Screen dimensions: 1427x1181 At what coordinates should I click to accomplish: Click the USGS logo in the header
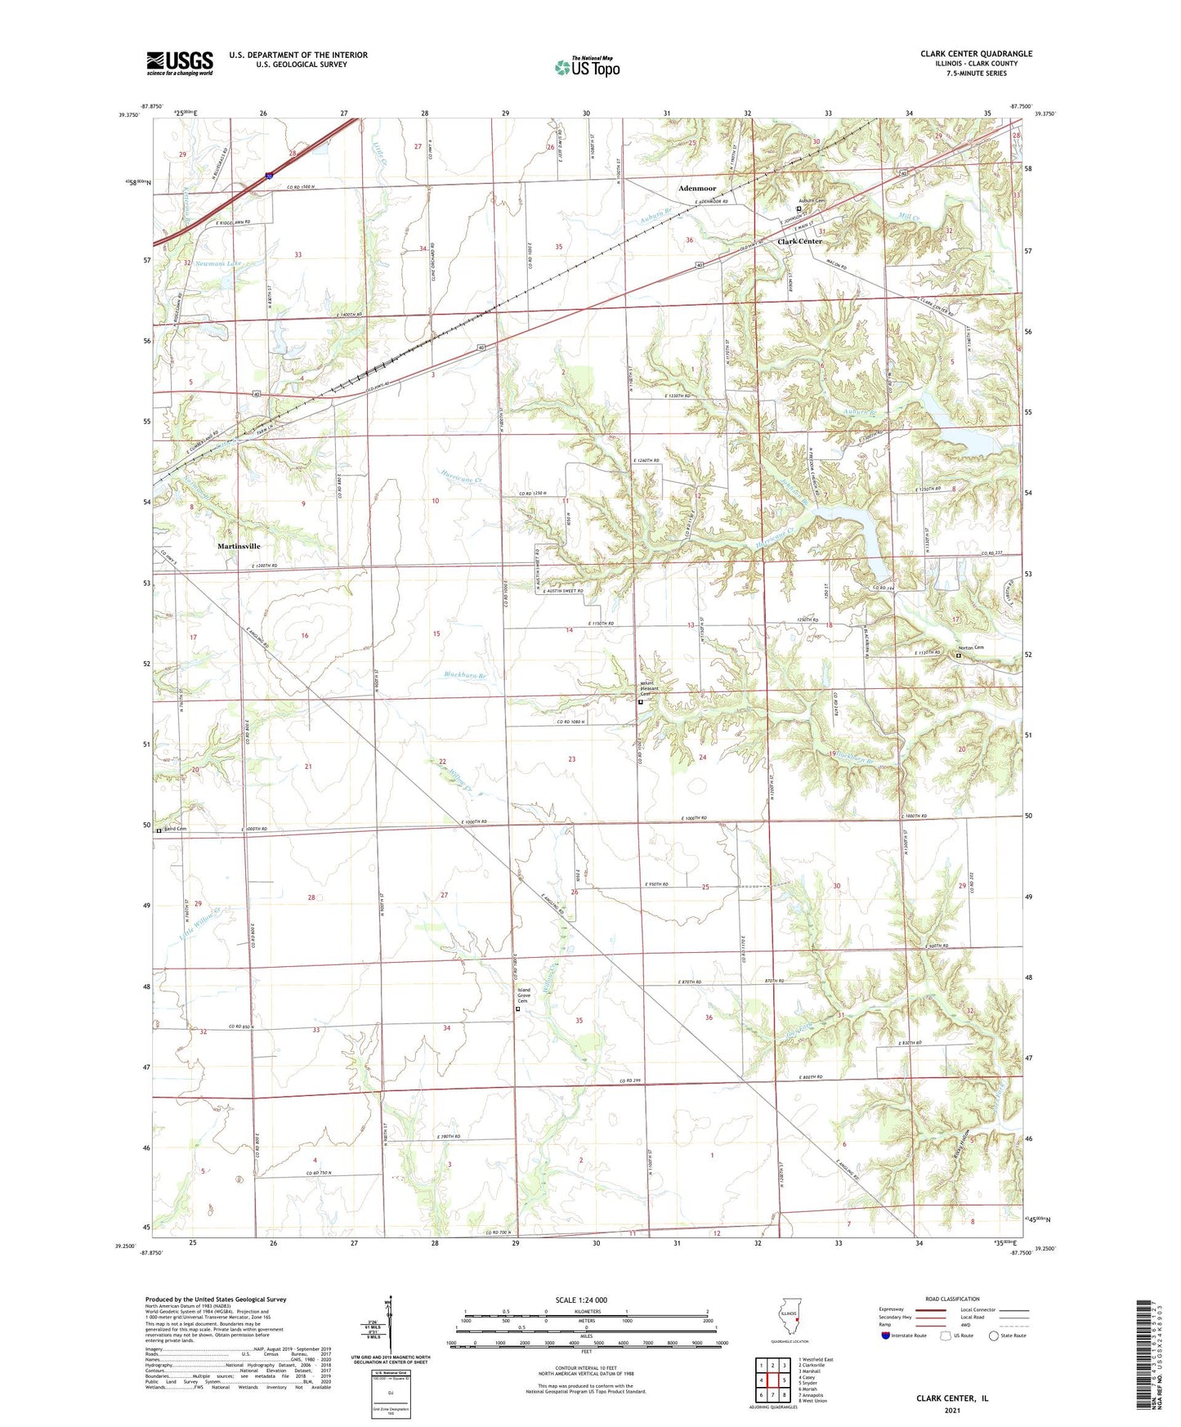point(180,63)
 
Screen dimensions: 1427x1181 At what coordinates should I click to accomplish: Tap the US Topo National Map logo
point(587,67)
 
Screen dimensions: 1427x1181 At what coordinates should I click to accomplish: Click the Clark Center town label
point(799,242)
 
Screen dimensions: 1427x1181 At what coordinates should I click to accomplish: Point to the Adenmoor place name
point(696,189)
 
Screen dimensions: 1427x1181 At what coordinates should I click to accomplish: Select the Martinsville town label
point(239,546)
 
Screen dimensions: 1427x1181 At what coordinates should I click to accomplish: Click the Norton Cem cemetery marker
point(960,655)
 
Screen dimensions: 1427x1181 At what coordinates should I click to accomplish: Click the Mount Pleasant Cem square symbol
point(641,701)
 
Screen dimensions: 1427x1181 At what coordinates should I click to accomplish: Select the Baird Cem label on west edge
point(175,830)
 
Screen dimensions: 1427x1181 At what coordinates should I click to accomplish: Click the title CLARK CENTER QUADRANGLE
point(976,54)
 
